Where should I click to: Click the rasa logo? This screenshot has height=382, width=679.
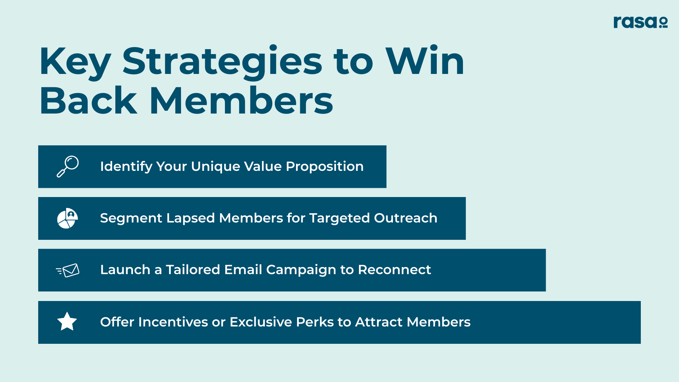(x=640, y=22)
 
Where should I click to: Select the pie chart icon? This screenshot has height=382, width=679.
(x=68, y=218)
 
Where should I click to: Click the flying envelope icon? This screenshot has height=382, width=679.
(x=68, y=270)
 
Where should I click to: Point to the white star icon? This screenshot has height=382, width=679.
(x=67, y=321)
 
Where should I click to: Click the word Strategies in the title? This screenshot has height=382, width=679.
(x=222, y=62)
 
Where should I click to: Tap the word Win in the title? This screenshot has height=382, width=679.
(x=425, y=61)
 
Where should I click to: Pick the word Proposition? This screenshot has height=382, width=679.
(x=325, y=167)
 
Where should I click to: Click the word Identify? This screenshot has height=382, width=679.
(x=126, y=167)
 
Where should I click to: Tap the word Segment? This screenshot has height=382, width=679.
(x=131, y=218)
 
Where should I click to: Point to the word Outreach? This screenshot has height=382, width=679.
(x=406, y=218)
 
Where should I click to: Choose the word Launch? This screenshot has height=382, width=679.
(x=125, y=270)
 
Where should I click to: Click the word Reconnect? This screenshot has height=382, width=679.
(x=394, y=270)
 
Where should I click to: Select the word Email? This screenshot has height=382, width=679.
(x=243, y=270)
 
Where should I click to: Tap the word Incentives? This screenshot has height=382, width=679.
(x=173, y=322)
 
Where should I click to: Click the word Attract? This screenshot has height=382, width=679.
(x=379, y=322)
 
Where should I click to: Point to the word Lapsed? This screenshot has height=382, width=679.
(x=191, y=218)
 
